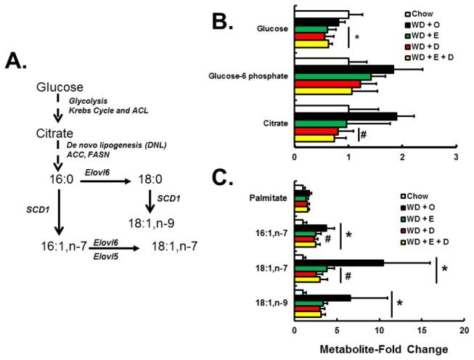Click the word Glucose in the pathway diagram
click(x=62, y=87)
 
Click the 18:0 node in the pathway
click(x=156, y=178)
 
